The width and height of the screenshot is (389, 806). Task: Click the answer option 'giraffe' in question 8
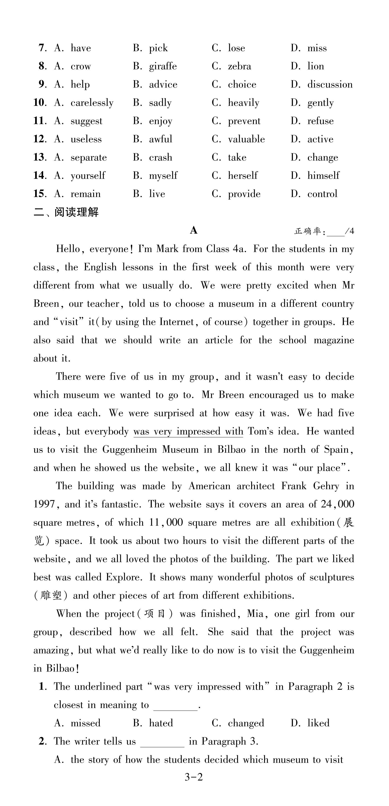click(x=163, y=66)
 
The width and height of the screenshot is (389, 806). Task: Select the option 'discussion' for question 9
click(x=330, y=85)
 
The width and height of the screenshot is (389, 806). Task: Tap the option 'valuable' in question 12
click(x=246, y=139)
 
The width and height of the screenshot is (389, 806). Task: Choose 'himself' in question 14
click(x=323, y=175)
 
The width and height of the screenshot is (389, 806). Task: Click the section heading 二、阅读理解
click(x=66, y=212)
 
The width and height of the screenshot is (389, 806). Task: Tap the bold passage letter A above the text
click(x=194, y=231)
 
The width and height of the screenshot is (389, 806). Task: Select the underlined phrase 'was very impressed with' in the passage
click(x=188, y=431)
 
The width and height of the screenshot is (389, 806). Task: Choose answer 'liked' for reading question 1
click(x=318, y=723)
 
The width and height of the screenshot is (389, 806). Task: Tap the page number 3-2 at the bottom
click(x=194, y=777)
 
